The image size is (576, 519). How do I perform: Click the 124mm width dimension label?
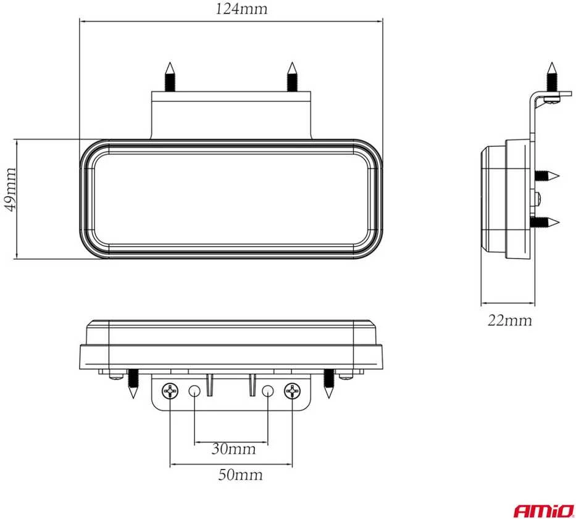tap(241, 9)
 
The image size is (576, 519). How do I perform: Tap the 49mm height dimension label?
tap(10, 189)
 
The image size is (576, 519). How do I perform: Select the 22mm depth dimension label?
tap(509, 320)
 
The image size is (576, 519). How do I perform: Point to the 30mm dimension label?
tap(233, 449)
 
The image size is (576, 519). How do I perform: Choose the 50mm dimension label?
tap(240, 475)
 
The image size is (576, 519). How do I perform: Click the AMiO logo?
tap(544, 510)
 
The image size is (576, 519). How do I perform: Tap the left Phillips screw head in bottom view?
tap(170, 391)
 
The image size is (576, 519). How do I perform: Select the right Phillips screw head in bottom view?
tap(293, 391)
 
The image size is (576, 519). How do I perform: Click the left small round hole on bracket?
tap(194, 391)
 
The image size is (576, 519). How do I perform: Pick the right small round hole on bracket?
tap(268, 391)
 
